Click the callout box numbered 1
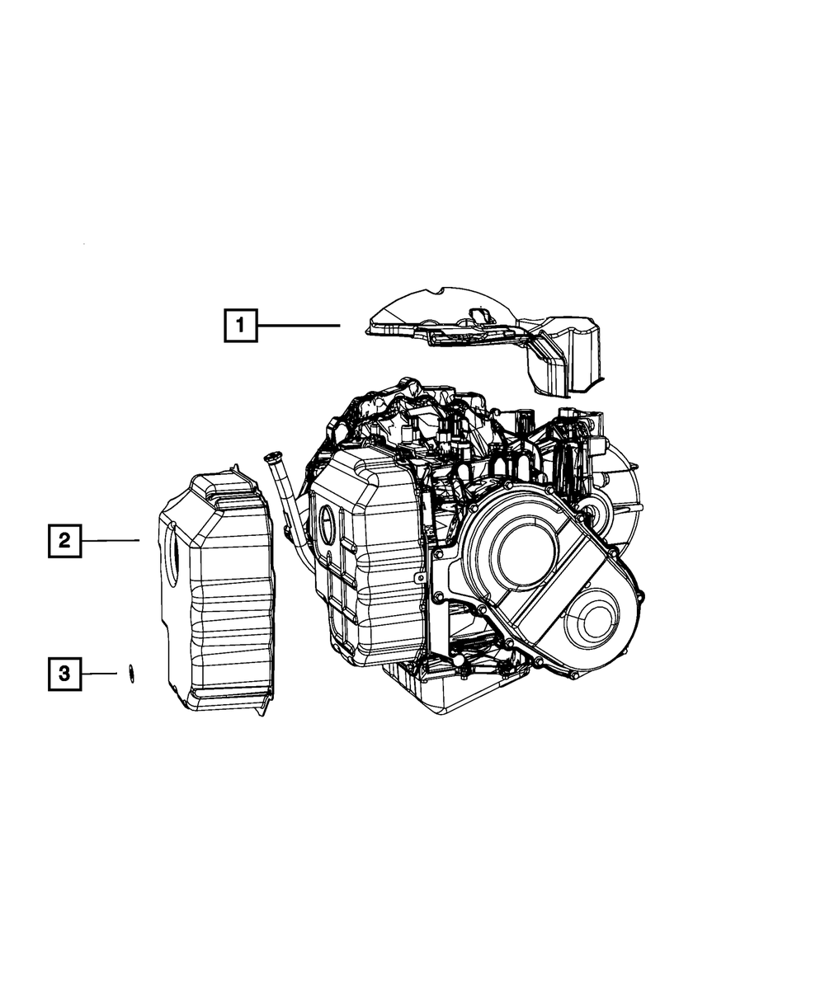(x=240, y=325)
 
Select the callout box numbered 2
(x=64, y=541)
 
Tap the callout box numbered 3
(x=64, y=674)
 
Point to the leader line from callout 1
(x=298, y=326)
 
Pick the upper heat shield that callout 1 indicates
(x=462, y=326)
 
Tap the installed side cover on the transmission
(x=367, y=561)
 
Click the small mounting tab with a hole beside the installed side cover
(x=420, y=580)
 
